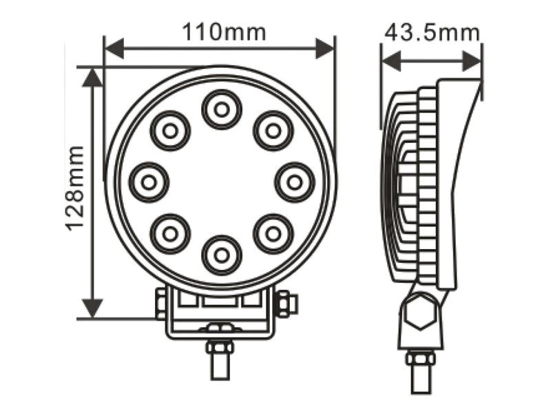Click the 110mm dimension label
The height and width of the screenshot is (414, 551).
pos(223,32)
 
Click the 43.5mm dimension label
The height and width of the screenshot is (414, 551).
pos(432,32)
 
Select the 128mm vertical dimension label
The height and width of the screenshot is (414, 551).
pos(75,188)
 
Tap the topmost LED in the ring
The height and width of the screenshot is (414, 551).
pos(221,109)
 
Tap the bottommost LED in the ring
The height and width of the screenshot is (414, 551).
pos(221,255)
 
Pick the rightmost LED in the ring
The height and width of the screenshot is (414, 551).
pos(294,182)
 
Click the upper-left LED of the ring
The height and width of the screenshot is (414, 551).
pos(170,130)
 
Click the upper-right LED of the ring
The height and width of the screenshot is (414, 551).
pos(273,130)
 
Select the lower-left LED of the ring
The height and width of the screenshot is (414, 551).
pos(170,233)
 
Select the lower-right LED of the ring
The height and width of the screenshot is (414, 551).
pos(273,233)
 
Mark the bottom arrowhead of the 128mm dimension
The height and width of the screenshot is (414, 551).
pos(92,308)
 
